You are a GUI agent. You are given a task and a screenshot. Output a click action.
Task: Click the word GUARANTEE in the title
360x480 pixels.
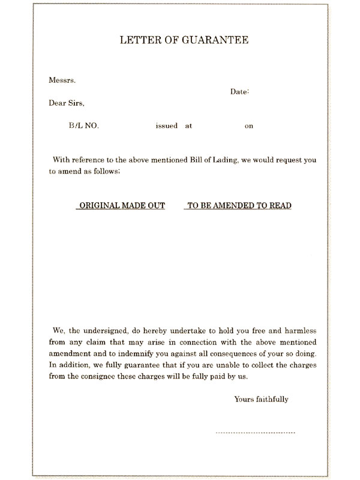215,40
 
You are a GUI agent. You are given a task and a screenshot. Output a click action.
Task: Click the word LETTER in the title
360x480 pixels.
137,40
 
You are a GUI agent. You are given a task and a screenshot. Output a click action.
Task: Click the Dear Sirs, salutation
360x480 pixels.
66,103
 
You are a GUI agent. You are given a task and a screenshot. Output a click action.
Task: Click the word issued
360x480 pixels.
166,126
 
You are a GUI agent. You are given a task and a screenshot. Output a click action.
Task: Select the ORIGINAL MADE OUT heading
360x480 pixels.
120,205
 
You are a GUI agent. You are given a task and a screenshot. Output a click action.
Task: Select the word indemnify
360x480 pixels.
155,354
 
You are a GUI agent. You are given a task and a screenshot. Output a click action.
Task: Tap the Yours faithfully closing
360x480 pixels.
262,399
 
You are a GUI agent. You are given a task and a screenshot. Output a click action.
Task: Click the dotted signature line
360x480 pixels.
255,432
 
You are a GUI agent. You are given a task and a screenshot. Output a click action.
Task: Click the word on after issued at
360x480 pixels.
249,127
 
